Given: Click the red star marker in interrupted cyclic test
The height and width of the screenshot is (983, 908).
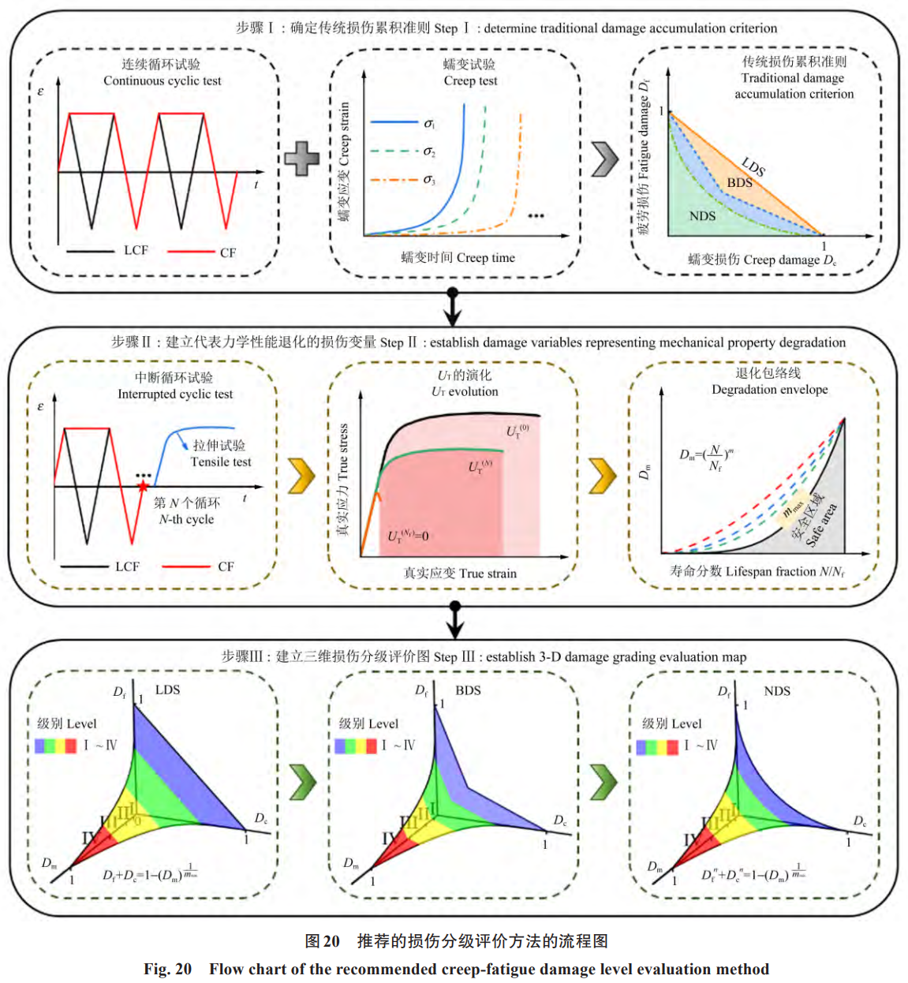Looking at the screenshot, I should tap(143, 487).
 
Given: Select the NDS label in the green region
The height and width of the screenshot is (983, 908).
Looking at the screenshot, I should tap(702, 216).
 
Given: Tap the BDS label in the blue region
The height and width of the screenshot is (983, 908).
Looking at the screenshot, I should tap(739, 183).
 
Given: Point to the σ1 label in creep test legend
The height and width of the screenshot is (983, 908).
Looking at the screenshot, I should tap(429, 124).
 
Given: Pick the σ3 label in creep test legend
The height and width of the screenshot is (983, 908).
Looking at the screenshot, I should tap(429, 181).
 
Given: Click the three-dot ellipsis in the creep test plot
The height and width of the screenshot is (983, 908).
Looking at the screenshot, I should tap(536, 215).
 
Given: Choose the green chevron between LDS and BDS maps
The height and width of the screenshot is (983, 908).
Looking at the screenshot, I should tap(302, 782).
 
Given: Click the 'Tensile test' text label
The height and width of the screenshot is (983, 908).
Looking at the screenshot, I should tap(221, 462).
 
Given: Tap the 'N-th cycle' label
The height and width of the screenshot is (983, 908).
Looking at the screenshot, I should tap(186, 520).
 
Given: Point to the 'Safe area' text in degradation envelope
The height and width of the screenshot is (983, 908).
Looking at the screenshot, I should tap(821, 525).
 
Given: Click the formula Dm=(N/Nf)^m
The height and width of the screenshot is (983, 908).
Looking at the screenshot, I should tap(707, 458).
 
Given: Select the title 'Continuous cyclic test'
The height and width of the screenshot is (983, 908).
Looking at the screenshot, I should tap(162, 81).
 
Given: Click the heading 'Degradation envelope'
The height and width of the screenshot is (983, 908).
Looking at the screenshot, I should tap(769, 390).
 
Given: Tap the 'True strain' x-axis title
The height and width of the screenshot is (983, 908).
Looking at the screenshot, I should tap(488, 574).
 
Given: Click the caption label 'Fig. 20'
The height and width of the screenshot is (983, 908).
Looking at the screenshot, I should tap(167, 969).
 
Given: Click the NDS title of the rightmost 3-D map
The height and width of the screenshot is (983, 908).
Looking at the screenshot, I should tap(776, 691).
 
